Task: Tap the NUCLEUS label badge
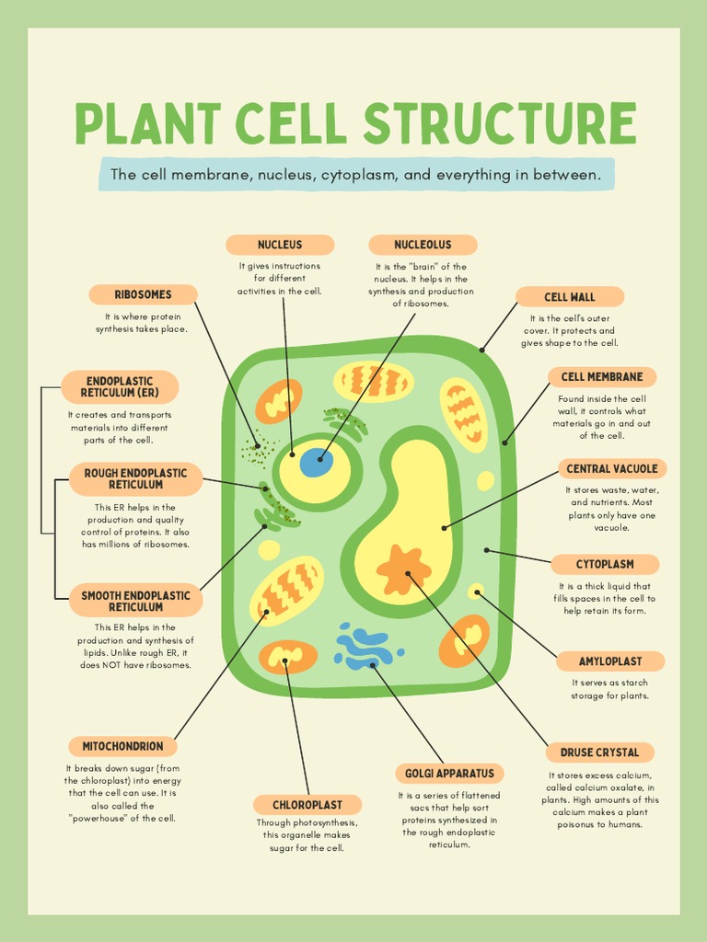[x=280, y=245]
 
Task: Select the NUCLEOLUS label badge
[x=423, y=245]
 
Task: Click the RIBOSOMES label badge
[x=143, y=294]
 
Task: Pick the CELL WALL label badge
[x=569, y=297]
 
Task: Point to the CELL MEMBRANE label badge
[x=602, y=376]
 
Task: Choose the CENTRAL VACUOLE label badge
[x=612, y=469]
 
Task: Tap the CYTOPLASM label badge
[x=605, y=564]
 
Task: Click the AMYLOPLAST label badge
[x=610, y=661]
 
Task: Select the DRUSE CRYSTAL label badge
[x=599, y=752]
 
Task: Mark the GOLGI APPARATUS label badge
[x=449, y=774]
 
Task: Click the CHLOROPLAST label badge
[x=307, y=805]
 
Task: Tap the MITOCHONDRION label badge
[x=122, y=746]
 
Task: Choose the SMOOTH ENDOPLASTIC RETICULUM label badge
[x=135, y=602]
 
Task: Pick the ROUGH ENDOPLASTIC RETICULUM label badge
[x=135, y=478]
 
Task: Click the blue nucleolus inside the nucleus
[x=316, y=462]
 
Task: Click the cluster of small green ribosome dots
[x=258, y=451]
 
